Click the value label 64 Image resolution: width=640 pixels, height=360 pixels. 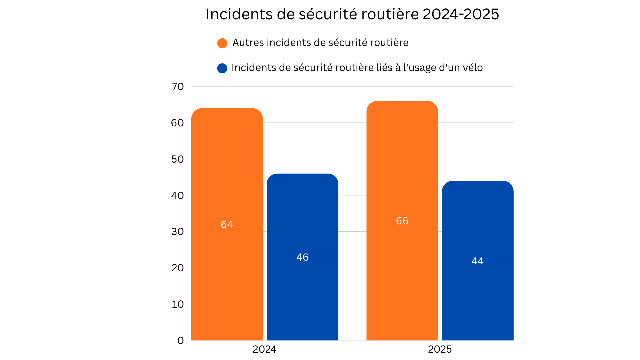click(x=227, y=225)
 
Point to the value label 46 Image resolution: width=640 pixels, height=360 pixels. click(x=302, y=257)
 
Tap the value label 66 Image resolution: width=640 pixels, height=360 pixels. click(x=402, y=221)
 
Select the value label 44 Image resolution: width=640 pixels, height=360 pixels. click(x=477, y=261)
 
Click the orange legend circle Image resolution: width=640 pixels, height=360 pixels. click(x=222, y=43)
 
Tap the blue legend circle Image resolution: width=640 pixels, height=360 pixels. click(x=222, y=68)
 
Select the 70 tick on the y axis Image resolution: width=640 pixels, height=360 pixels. click(x=178, y=87)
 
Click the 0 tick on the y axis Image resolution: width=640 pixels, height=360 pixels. click(x=181, y=341)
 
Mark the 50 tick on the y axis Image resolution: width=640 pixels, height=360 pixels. click(x=178, y=159)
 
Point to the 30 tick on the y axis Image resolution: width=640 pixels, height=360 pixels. click(x=178, y=232)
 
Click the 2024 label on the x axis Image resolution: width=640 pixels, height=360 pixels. click(x=264, y=349)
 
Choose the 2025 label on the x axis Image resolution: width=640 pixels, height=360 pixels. click(x=440, y=349)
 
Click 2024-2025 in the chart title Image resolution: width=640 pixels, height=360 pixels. click(x=461, y=14)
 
